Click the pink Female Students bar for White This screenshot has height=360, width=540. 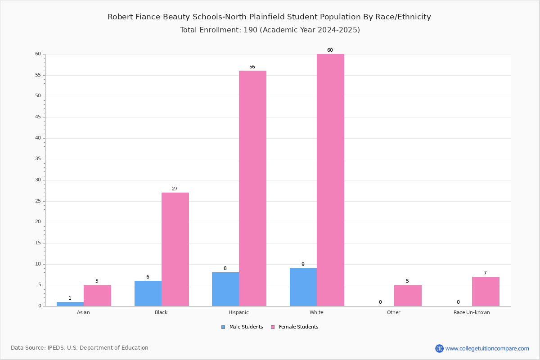click(330, 180)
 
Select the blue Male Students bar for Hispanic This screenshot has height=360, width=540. click(225, 289)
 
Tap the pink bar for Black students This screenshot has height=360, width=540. click(175, 249)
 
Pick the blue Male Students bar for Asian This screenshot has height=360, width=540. click(70, 304)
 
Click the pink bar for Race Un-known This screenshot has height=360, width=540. click(486, 292)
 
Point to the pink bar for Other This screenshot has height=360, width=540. click(408, 296)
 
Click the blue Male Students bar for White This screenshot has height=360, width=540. click(303, 287)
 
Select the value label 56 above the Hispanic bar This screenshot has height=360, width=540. click(252, 67)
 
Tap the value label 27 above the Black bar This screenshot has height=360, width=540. click(175, 189)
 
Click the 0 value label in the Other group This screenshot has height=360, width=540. click(380, 302)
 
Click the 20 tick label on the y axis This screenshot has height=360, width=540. click(38, 222)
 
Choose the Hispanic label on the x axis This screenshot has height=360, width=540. click(238, 312)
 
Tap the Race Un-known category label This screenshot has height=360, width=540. click(472, 312)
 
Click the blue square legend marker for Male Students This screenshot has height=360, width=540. click(223, 327)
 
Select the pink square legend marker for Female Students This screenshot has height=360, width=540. click(273, 327)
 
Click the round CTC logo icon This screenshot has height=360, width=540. click(439, 348)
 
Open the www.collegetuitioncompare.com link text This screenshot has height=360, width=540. click(487, 348)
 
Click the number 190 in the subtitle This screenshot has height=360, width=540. click(250, 30)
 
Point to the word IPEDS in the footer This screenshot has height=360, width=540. click(56, 348)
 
